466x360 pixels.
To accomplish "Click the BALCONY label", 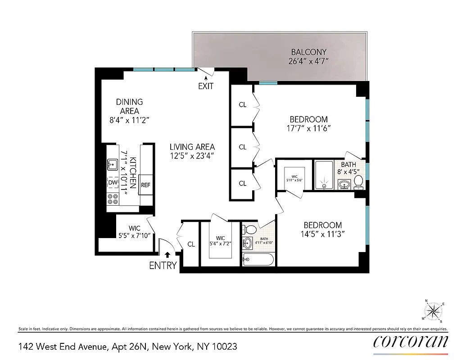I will tap(308, 52).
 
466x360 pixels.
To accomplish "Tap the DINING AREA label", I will tap(129, 107).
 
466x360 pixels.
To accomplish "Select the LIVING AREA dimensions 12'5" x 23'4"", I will tap(192, 156).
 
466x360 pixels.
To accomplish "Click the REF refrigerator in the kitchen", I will tap(145, 185).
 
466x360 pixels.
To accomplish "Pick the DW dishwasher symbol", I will tap(113, 183).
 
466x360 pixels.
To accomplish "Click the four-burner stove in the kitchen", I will tap(113, 199).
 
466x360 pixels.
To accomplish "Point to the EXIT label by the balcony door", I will tap(206, 86).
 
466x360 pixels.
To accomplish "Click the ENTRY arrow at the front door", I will tap(167, 255).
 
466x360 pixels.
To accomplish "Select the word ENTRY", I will tap(163, 265).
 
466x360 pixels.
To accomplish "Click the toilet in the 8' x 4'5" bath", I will tap(358, 181).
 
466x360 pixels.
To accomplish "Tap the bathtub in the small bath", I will tap(258, 259).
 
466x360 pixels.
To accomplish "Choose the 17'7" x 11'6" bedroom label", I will tap(308, 124).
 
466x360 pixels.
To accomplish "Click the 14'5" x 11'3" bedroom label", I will tap(322, 229).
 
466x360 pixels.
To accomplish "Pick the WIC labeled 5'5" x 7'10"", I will tap(135, 232).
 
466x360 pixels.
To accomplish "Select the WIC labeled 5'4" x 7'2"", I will tap(220, 241).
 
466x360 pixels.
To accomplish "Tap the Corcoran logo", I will tap(411, 342).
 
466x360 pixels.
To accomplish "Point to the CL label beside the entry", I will tap(191, 244).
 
